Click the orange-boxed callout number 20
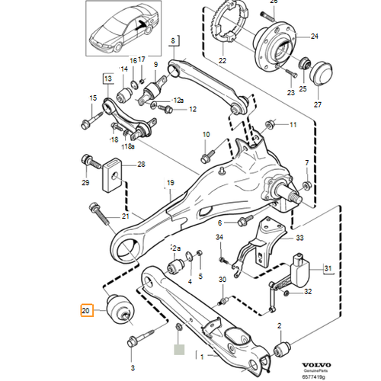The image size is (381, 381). point(86,310)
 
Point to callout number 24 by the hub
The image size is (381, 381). point(315,35)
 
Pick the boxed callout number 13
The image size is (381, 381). point(107,78)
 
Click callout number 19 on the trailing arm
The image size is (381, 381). point(171,182)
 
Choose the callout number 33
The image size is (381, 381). point(299,239)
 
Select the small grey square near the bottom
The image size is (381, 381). point(179,351)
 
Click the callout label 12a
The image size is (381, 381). point(179,100)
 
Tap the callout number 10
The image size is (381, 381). point(206,135)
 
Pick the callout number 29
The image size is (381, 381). point(85,183)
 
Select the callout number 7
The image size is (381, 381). point(307,162)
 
